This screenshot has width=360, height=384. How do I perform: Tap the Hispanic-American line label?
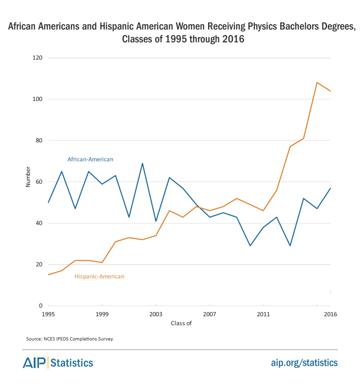[99, 276]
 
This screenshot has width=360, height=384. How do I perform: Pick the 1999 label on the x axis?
[102, 314]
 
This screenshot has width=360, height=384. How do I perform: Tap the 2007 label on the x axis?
[209, 314]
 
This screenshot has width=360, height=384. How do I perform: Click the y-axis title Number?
[28, 177]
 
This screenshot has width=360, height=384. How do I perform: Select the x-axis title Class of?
[181, 324]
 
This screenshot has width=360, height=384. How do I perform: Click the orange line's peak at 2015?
[317, 83]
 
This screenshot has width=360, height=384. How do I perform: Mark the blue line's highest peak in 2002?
[142, 163]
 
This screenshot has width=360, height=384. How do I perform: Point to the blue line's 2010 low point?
[250, 246]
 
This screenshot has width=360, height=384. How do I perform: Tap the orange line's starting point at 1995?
[48, 275]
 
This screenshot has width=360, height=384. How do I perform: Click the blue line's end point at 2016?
[330, 188]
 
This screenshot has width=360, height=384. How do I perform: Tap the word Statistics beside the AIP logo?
[72, 363]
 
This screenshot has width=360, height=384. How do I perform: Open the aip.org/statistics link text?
[304, 362]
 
